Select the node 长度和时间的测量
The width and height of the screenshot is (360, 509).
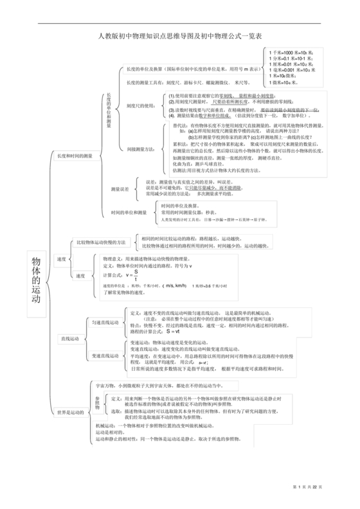coord(75,156)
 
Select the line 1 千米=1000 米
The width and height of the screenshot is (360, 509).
coord(291,51)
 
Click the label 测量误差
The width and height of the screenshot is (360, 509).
coord(120,189)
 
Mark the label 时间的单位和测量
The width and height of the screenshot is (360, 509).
coord(129,212)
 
